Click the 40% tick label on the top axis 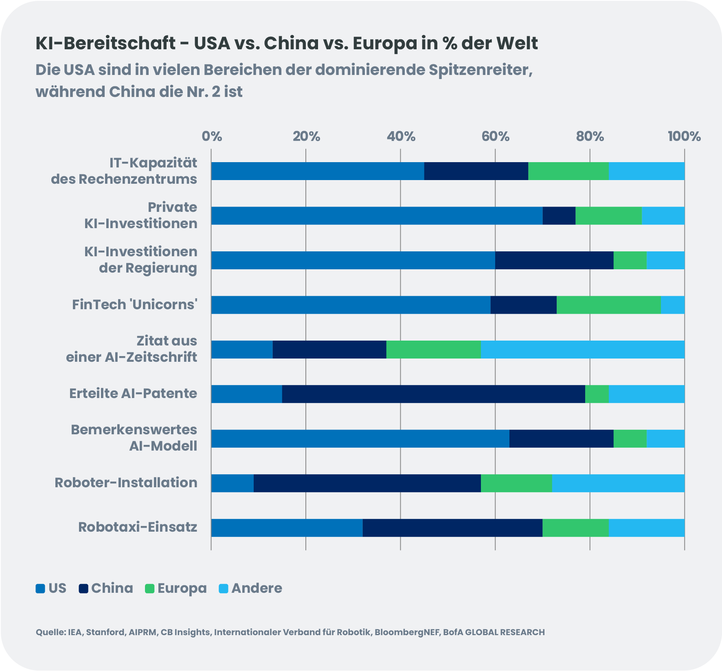click(401, 136)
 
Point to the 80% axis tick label click(590, 136)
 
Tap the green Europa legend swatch click(150, 589)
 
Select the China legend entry click(106, 588)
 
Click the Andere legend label click(257, 588)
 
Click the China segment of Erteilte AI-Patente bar click(433, 394)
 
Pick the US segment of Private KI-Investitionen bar click(377, 216)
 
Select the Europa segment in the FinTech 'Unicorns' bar click(608, 305)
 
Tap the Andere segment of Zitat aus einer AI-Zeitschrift click(582, 350)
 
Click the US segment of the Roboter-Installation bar click(232, 483)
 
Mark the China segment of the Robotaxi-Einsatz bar click(452, 528)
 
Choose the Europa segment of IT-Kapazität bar click(568, 171)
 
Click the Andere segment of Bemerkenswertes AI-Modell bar click(665, 439)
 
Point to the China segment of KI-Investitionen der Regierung click(554, 260)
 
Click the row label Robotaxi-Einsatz click(138, 527)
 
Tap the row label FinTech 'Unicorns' click(134, 305)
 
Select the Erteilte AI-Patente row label click(133, 394)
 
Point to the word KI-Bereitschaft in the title click(105, 44)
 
